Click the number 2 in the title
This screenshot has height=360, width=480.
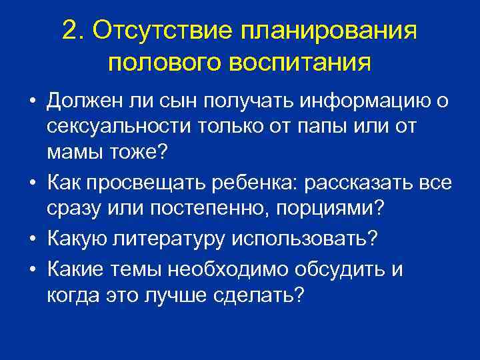[69, 30]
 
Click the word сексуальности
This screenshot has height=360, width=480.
[119, 126]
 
